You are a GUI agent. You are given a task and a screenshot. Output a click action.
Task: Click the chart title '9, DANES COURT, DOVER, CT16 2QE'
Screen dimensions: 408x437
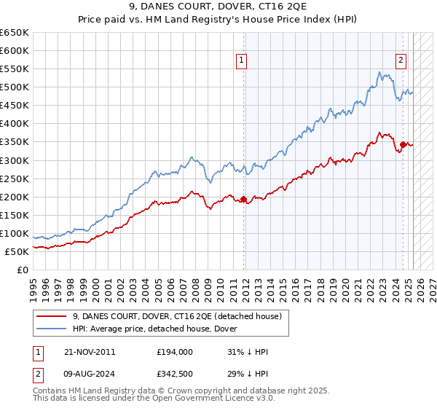(218, 8)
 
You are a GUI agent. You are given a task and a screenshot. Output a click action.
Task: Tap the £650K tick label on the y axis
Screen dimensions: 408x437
(15, 33)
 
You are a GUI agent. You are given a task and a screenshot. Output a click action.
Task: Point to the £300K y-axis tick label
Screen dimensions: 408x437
(15, 160)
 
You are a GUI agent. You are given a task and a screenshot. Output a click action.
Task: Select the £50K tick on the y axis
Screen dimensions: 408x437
(17, 251)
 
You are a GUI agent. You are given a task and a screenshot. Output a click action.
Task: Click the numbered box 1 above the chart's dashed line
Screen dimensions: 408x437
(242, 61)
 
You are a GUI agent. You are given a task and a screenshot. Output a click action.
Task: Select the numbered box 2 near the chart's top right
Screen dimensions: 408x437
(401, 61)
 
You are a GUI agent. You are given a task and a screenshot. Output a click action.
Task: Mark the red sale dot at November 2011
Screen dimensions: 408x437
(243, 199)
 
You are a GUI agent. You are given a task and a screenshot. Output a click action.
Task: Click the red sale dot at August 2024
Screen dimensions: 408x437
(403, 144)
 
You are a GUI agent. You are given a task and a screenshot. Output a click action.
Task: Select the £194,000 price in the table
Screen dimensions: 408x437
(175, 352)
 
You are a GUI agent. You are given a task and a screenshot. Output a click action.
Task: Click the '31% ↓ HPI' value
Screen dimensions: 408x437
(248, 352)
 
